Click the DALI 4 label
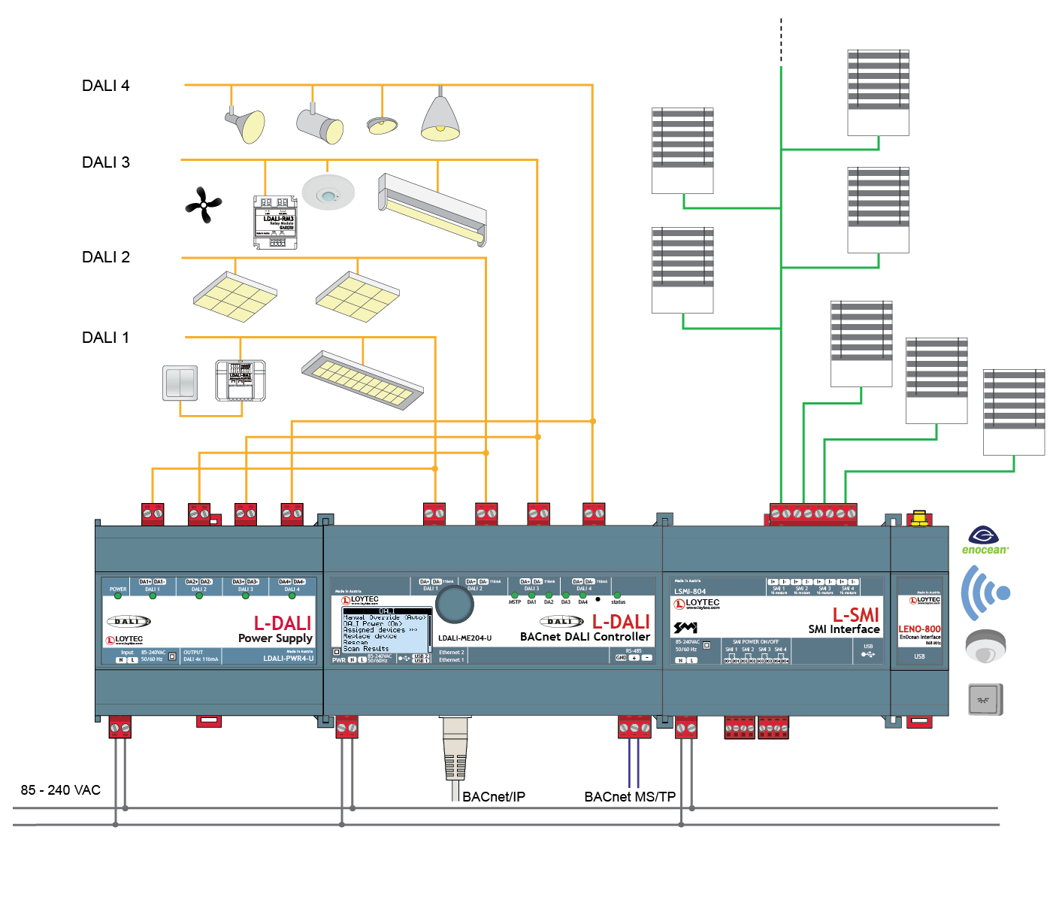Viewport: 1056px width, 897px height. pyautogui.click(x=105, y=86)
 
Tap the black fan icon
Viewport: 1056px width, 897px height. pyautogui.click(x=203, y=205)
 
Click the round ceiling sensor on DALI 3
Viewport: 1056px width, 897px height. pyautogui.click(x=328, y=192)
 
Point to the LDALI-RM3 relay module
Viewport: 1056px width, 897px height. pyautogui.click(x=275, y=222)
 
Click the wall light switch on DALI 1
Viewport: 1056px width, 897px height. pyautogui.click(x=180, y=383)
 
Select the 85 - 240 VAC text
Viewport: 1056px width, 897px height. pyautogui.click(x=61, y=790)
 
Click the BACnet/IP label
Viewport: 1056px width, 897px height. pyautogui.click(x=493, y=797)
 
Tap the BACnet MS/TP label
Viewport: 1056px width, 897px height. pyautogui.click(x=630, y=797)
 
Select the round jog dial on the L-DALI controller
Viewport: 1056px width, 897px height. pyautogui.click(x=454, y=604)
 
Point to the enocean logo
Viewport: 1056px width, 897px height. pyautogui.click(x=985, y=541)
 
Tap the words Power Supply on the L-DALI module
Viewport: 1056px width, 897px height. pyautogui.click(x=275, y=638)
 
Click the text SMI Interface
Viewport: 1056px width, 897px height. pyautogui.click(x=843, y=629)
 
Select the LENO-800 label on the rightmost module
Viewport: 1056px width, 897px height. pyautogui.click(x=919, y=629)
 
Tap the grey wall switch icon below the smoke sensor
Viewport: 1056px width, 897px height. pyautogui.click(x=985, y=700)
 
